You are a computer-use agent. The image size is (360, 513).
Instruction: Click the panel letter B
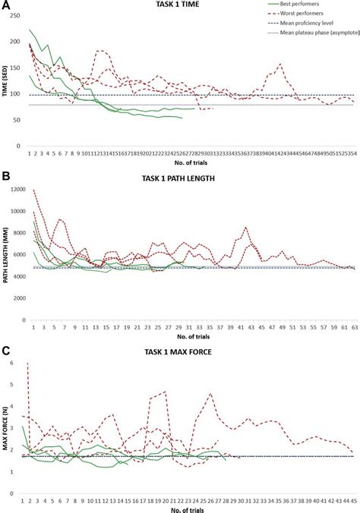[5, 178]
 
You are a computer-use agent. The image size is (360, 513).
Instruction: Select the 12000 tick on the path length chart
[14, 190]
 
